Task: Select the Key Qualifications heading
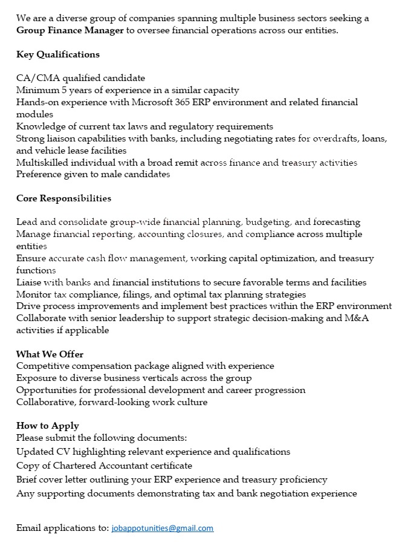(58, 54)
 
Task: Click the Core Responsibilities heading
(63, 198)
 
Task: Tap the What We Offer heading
(50, 354)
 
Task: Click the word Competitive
(43, 366)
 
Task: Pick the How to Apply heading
(47, 426)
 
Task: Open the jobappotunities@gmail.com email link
(163, 528)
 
